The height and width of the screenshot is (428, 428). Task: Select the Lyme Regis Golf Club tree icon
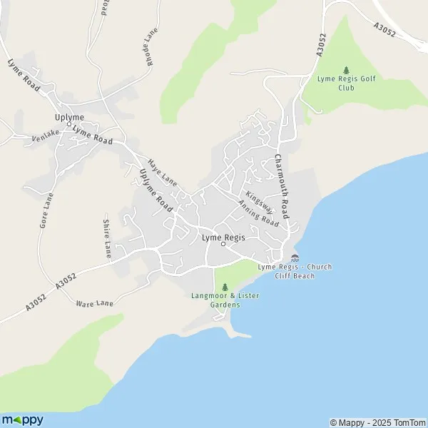point(347,70)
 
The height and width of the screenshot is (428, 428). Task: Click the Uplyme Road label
point(156,189)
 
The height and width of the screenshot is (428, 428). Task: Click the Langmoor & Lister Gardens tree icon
point(215,287)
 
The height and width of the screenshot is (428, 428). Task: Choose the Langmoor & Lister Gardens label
point(215,300)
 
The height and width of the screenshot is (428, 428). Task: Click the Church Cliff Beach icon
point(295,258)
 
